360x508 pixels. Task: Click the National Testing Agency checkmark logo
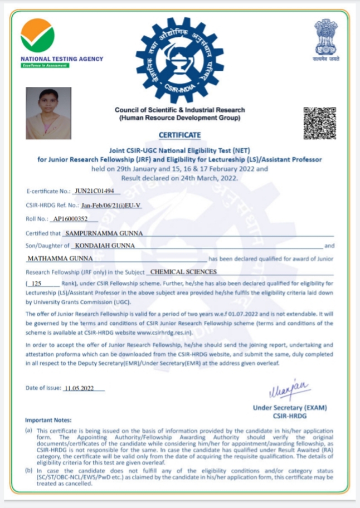[x=37, y=36]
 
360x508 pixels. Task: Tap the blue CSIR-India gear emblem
[x=179, y=60]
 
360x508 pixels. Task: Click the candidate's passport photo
[x=48, y=113]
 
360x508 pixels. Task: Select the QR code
[x=319, y=123]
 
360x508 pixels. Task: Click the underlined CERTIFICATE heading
[x=179, y=135]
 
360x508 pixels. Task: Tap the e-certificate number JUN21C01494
[x=94, y=190]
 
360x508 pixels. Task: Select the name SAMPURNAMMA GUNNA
[x=104, y=233]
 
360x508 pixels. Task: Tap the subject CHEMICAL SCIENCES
[x=184, y=272]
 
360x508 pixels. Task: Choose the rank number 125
[x=40, y=284]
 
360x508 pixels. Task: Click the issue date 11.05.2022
[x=79, y=388]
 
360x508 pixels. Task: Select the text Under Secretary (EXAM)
[x=290, y=408]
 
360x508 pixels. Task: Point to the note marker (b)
[x=28, y=471]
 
